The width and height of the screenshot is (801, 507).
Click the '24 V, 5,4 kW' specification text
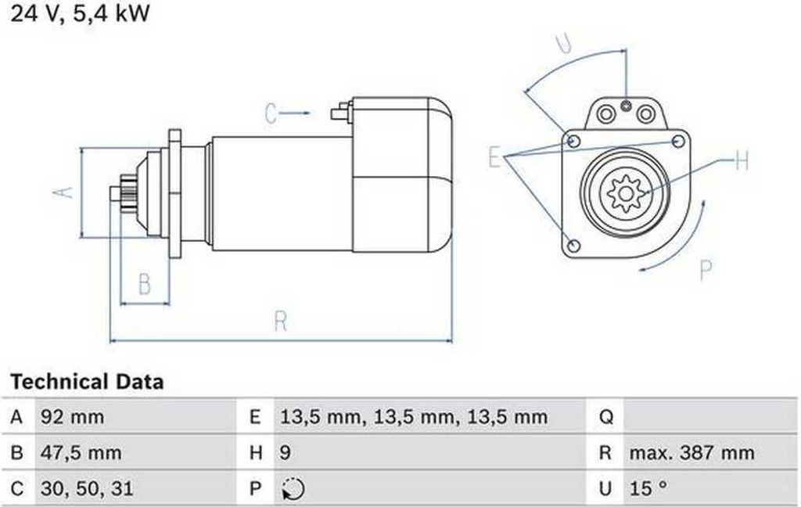point(80,13)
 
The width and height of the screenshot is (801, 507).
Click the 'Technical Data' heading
point(87,382)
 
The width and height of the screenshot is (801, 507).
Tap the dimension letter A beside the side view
point(63,192)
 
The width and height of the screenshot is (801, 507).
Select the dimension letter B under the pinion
point(145,284)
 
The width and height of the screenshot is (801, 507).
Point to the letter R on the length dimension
point(281,322)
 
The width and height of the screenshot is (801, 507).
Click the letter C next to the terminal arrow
point(271,113)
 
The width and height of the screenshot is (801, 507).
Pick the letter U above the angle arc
point(564,43)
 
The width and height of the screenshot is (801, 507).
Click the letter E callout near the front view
point(494,156)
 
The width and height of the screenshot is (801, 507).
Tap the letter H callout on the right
point(742,161)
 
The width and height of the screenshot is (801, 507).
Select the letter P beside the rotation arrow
point(706,271)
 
